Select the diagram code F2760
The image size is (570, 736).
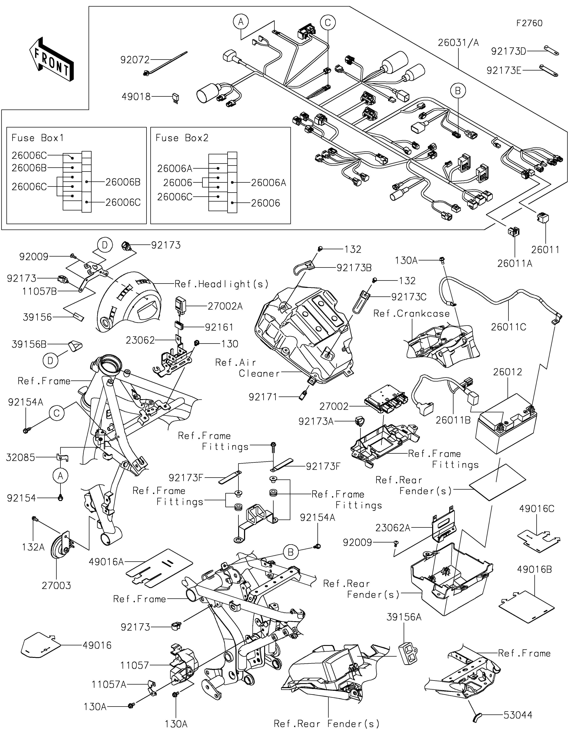529,23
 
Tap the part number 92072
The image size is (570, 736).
135,60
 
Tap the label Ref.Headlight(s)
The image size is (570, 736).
221,284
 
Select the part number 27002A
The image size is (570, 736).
225,306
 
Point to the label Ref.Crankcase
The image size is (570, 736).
411,314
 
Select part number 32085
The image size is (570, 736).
20,457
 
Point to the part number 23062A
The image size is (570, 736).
393,528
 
